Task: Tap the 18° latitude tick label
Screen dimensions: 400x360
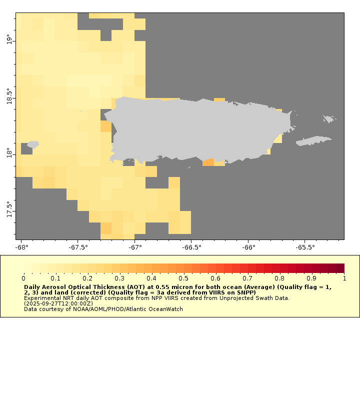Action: [8, 151]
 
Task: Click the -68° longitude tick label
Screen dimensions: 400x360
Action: [21, 247]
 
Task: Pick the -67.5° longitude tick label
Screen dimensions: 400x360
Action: [78, 247]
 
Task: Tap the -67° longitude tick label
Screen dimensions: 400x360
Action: [135, 247]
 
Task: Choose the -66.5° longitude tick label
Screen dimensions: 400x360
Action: [192, 247]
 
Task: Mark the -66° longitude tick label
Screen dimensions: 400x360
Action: [248, 247]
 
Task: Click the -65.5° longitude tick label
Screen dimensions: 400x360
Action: [305, 247]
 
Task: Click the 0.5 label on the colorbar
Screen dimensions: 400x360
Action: [183, 278]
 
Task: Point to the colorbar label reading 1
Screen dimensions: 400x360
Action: [344, 278]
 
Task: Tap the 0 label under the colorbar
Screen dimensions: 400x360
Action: [23, 278]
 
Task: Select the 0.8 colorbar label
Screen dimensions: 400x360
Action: [280, 278]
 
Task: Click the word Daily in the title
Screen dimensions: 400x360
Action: [33, 287]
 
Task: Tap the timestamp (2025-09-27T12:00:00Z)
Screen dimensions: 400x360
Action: [58, 303]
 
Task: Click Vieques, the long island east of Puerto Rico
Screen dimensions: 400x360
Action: [313, 141]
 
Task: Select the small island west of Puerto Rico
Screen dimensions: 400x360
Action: [32, 144]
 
